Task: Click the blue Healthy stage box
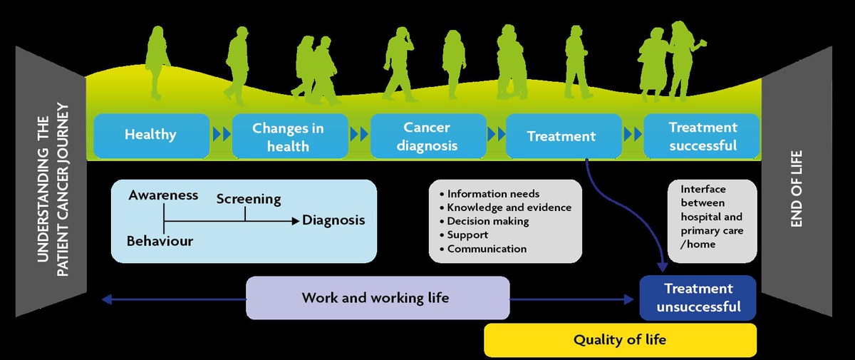(x=150, y=135)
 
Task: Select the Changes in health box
(x=288, y=136)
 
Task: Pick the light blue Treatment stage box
(x=561, y=135)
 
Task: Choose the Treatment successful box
(x=703, y=136)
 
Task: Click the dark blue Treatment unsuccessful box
(x=698, y=297)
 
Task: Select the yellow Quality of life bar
(x=620, y=340)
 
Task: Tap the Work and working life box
(x=376, y=297)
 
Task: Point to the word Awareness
(x=163, y=195)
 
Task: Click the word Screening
(x=249, y=200)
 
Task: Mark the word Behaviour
(x=160, y=241)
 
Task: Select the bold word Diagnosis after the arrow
(x=333, y=220)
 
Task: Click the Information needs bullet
(x=493, y=193)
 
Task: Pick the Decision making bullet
(x=488, y=221)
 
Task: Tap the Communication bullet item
(x=487, y=249)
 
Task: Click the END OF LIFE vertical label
(x=797, y=189)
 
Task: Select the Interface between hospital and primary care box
(x=711, y=217)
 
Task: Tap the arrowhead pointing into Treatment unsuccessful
(x=663, y=267)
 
